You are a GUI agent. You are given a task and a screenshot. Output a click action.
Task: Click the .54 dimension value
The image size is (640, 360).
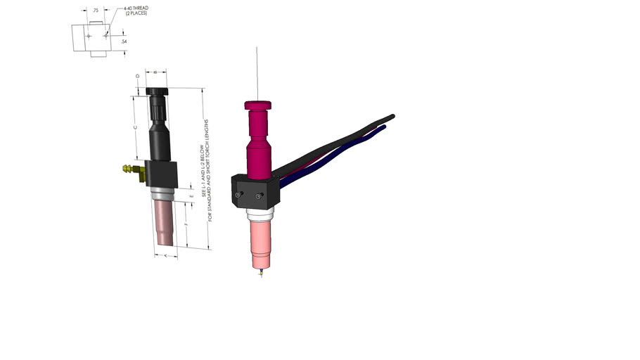[x=124, y=41]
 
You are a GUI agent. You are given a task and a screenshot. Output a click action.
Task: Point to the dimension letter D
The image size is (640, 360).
[x=137, y=76]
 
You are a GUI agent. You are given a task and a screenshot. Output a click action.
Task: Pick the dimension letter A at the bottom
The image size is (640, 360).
[x=164, y=256]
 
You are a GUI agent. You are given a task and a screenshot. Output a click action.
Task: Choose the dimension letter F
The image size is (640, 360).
[x=184, y=224]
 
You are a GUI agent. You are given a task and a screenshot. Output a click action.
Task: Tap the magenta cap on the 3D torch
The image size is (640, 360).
[x=257, y=105]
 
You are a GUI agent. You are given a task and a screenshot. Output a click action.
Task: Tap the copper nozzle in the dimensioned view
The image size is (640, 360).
[x=167, y=224]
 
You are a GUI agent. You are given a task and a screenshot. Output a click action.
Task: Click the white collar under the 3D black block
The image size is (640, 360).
[x=260, y=212]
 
